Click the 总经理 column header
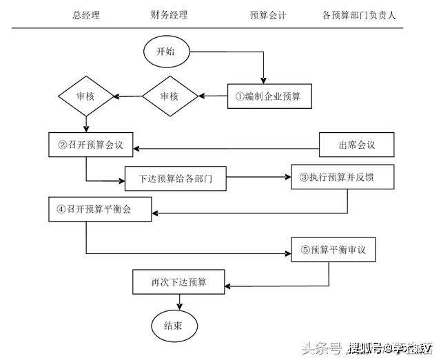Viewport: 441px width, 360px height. click(86, 14)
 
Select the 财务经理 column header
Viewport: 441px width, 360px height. click(169, 14)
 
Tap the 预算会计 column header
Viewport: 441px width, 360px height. click(269, 14)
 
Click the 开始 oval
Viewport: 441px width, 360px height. click(166, 52)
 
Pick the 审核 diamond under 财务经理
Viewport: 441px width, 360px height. click(170, 97)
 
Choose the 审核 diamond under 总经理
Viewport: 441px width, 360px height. click(85, 97)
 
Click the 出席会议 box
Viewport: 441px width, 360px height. click(356, 146)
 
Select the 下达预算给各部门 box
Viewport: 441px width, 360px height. click(176, 179)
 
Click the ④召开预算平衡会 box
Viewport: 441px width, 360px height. click(100, 209)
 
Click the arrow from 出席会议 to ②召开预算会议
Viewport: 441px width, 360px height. click(227, 147)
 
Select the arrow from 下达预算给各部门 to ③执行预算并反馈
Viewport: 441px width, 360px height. click(258, 178)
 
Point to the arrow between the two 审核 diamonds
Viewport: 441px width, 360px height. click(128, 97)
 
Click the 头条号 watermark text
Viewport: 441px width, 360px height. click(322, 348)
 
